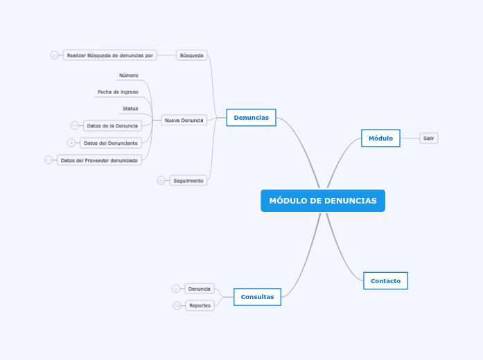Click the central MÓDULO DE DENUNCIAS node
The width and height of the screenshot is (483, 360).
pos(323,201)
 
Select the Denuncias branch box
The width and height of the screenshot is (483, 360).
pos(251,118)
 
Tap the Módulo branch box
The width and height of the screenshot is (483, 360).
pos(380,138)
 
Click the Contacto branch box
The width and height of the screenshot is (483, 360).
pos(385,280)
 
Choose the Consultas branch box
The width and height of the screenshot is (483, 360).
pos(257,297)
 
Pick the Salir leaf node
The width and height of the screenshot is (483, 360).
pos(429,138)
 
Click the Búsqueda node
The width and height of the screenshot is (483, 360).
pos(191,55)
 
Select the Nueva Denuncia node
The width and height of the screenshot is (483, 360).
pos(184,120)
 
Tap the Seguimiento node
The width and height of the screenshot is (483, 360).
pos(188,181)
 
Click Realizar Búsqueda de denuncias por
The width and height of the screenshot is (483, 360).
pos(110,55)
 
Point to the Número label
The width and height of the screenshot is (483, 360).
pos(128,75)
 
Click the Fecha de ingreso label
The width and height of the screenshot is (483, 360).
pos(118,91)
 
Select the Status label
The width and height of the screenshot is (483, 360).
pos(130,109)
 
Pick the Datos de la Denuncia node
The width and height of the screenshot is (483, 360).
pos(112,125)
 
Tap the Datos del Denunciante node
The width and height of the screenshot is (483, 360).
pos(111,143)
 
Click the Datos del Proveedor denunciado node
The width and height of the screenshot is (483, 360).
pos(99,160)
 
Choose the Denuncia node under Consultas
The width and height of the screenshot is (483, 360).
pos(200,289)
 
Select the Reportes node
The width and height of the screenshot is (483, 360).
pos(200,305)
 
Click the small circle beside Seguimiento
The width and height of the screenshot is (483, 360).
pos(161,181)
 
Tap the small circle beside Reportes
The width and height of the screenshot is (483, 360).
pos(177,305)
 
